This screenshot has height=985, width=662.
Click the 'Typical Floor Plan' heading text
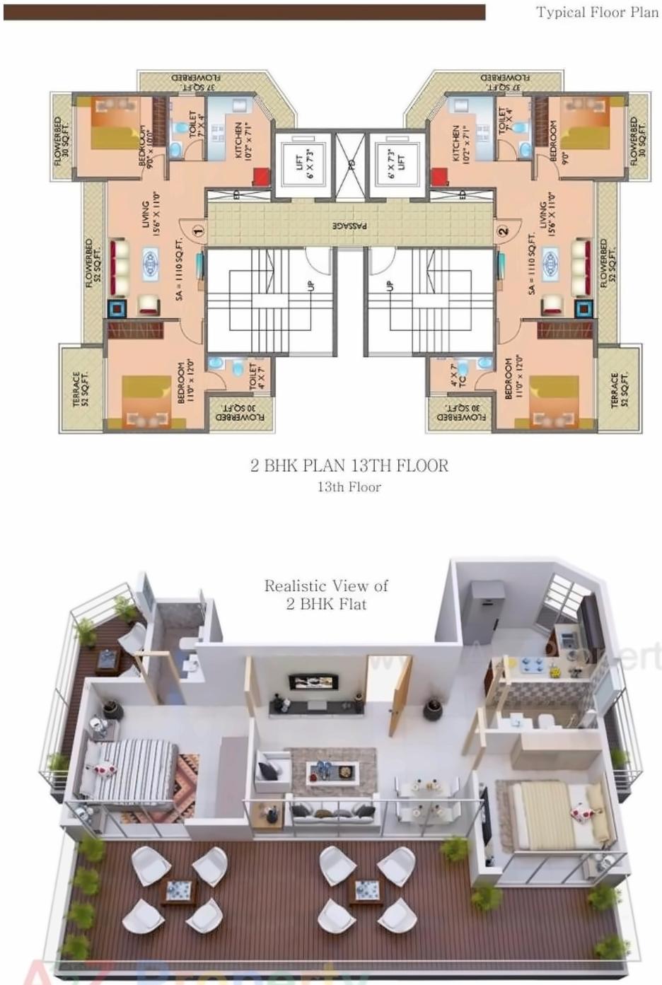(597, 12)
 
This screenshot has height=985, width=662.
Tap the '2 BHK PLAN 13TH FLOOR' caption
(349, 465)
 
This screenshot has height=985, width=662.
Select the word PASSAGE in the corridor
(350, 226)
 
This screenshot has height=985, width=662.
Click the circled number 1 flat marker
(199, 231)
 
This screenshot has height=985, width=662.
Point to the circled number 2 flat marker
(503, 231)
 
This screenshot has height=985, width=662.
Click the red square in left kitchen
(261, 175)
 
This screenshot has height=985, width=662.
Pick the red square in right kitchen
(439, 175)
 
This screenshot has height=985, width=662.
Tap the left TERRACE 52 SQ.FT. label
(81, 389)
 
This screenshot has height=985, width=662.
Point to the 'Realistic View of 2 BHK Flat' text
(326, 595)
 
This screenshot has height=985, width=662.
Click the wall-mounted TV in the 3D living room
(312, 682)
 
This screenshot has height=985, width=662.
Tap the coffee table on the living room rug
(332, 771)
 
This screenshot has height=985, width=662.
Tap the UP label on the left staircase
(310, 286)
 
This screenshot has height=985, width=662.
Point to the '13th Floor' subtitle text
(349, 487)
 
